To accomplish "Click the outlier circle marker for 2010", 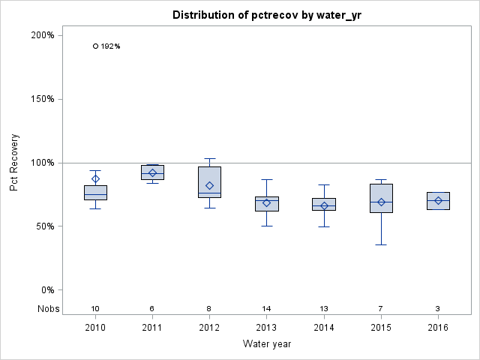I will coord(95,46).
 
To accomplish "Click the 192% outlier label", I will coord(110,46).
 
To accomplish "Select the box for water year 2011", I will coord(152,172).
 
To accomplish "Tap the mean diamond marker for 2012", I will coord(209,185).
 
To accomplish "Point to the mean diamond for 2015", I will coord(381,202).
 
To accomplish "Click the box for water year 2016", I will coord(438,201).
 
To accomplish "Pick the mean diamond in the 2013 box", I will coord(266,202).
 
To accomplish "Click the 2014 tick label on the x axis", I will coord(324,328).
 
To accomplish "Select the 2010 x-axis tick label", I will coord(95,328).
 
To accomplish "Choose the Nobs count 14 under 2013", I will coord(266,309).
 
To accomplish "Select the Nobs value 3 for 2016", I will coord(438,309).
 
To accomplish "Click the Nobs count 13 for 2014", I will coord(324,309).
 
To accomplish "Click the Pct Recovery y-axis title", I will coord(14,163).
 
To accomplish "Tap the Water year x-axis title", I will coord(266,343).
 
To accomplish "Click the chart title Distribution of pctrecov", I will coord(266,15).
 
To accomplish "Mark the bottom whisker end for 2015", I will coord(381,244).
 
